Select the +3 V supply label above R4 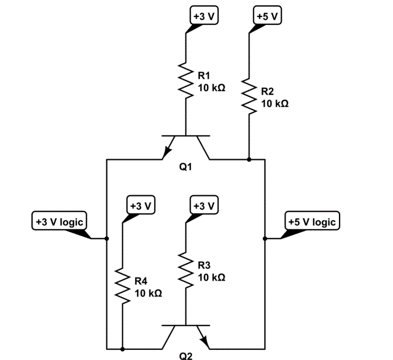[141, 205]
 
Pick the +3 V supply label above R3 [203, 205]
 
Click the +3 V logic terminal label [59, 221]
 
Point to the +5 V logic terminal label [312, 221]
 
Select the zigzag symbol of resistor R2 [249, 95]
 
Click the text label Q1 [186, 168]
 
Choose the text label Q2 [186, 356]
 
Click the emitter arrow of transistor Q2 [205, 342]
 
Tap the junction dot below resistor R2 [249, 159]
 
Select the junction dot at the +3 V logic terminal [107, 239]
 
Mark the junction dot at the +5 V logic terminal [264, 239]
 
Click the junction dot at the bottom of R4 [122, 348]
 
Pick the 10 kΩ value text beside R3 [210, 277]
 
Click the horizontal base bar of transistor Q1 [186, 136]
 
